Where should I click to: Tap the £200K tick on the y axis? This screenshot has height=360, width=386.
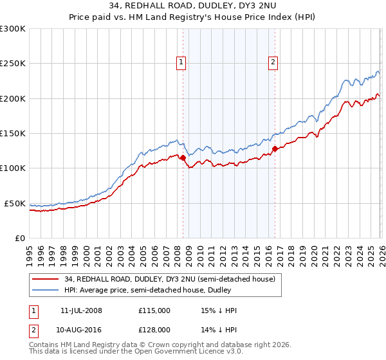[13, 98]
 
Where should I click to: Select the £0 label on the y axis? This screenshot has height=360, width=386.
[21, 238]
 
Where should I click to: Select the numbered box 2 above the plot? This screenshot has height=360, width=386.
[273, 62]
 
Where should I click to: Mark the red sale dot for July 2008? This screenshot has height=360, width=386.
[183, 157]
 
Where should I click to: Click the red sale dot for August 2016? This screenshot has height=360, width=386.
[275, 148]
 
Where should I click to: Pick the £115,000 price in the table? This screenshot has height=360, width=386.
[154, 310]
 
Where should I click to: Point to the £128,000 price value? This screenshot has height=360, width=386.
[154, 329]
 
